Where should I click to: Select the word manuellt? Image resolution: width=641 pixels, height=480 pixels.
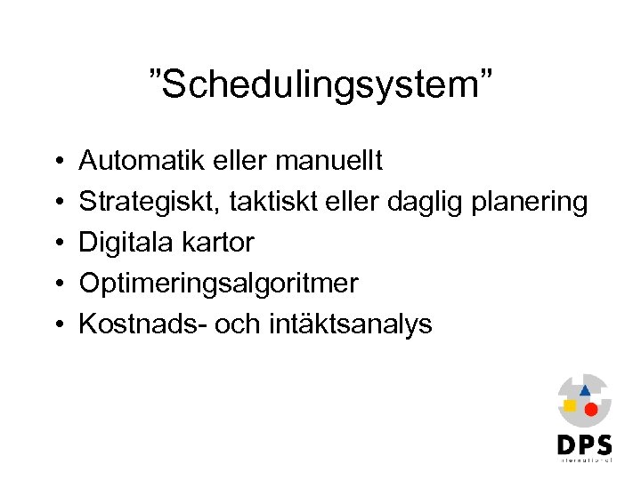(329, 161)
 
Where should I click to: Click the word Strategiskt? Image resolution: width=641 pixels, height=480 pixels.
(150, 203)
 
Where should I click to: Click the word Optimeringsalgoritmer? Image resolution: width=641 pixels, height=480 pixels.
(219, 284)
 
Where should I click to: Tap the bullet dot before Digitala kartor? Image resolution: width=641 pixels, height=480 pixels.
(56, 244)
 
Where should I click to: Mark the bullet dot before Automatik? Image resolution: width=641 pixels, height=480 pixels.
(56, 162)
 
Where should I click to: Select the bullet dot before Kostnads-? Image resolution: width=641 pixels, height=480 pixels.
(56, 325)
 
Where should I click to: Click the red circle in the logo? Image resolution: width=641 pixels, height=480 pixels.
(590, 409)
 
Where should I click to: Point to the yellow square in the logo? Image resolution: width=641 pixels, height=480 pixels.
(570, 405)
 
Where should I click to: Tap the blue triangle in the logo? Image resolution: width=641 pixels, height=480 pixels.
(585, 389)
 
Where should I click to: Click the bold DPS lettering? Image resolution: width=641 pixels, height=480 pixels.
(584, 444)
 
